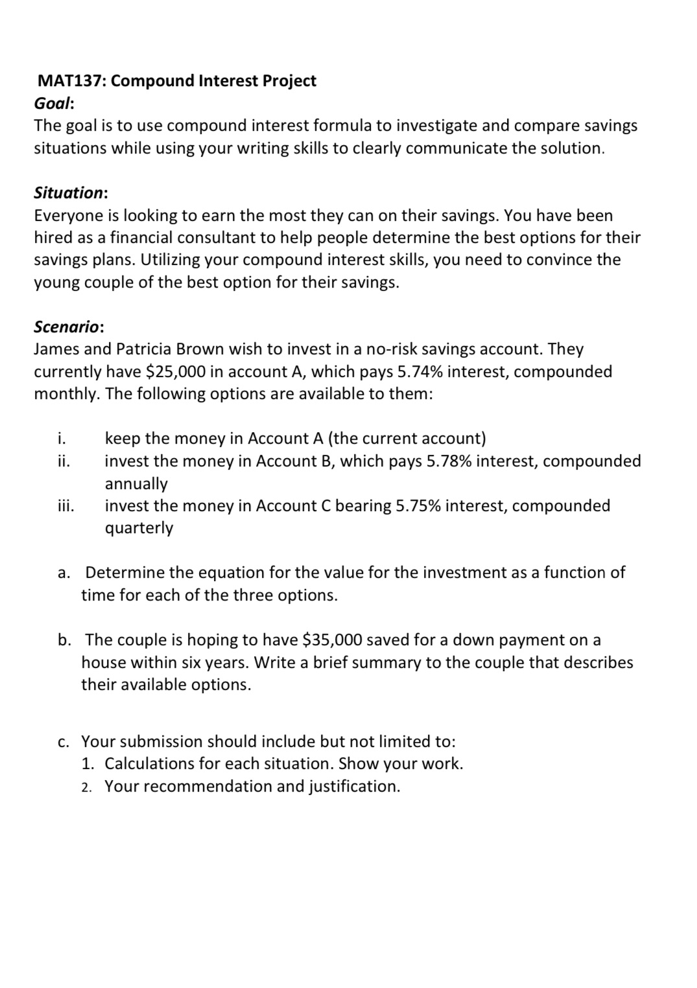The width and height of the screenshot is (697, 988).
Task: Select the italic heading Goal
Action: [53, 104]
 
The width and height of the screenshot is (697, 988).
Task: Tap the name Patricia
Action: [144, 349]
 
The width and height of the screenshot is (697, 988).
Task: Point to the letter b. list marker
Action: [65, 640]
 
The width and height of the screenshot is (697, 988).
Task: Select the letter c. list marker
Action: [64, 742]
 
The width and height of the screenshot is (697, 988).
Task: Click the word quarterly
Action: [139, 529]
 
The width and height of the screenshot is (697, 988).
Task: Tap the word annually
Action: [136, 484]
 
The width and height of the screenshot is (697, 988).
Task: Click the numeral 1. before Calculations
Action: [89, 764]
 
